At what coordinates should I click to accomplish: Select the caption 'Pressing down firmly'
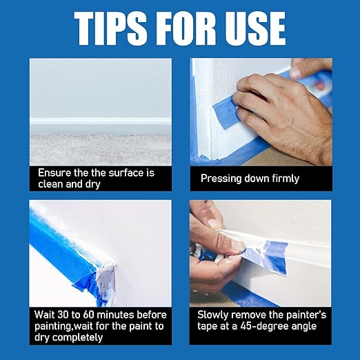point(250,179)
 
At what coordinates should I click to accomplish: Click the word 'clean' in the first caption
point(50,184)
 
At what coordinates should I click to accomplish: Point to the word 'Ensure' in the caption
point(54,172)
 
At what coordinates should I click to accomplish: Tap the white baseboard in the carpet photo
point(100,125)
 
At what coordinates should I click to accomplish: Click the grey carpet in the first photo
point(100,148)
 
